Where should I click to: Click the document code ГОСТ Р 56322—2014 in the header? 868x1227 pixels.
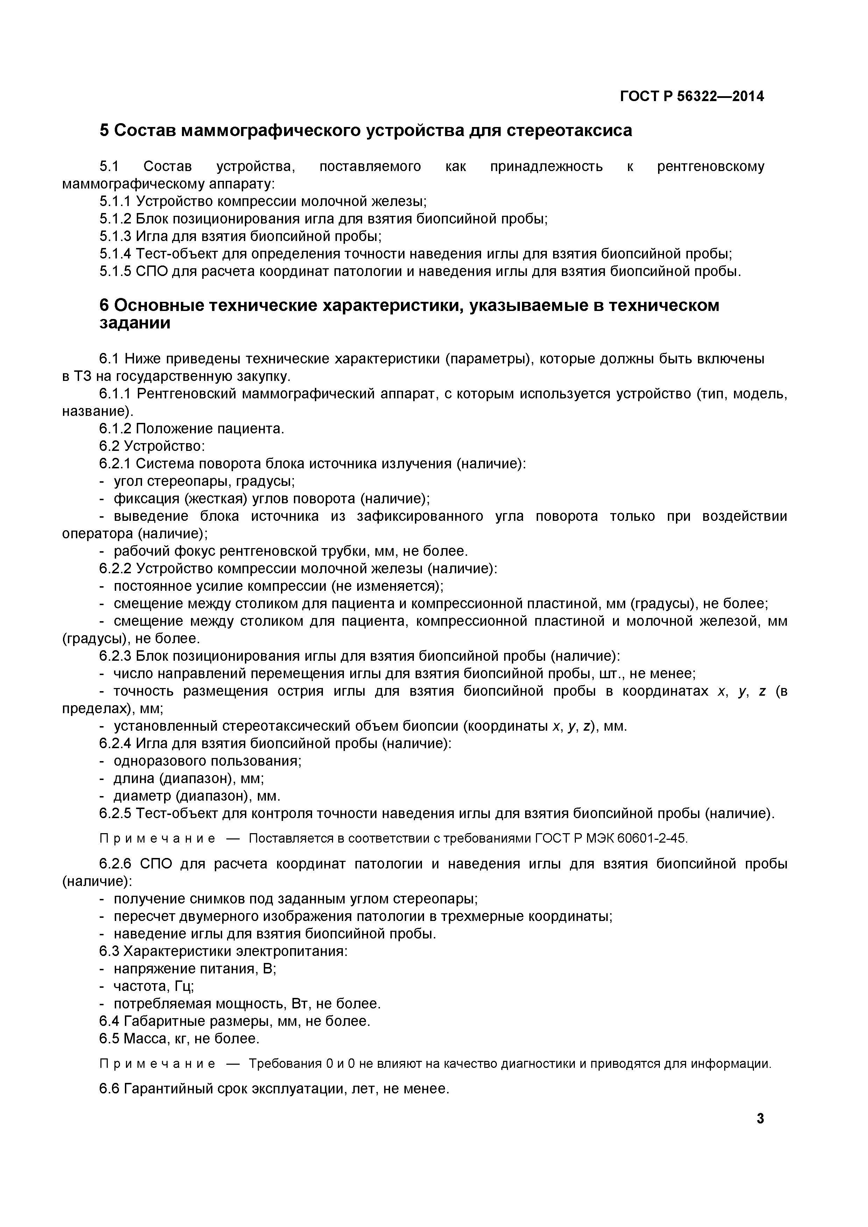692,97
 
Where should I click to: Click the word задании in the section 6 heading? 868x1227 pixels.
135,323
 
